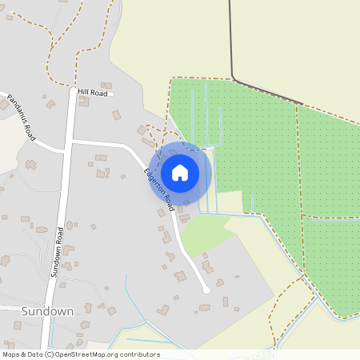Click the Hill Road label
click(x=93, y=93)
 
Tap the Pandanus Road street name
click(x=22, y=120)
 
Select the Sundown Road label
click(x=58, y=250)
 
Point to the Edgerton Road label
click(x=159, y=190)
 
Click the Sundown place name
click(x=48, y=310)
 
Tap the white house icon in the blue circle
click(x=180, y=173)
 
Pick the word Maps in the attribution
click(x=11, y=354)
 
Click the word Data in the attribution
click(x=34, y=354)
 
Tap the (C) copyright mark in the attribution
click(x=49, y=354)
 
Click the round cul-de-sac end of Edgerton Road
click(x=206, y=290)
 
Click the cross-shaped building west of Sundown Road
click(x=30, y=164)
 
